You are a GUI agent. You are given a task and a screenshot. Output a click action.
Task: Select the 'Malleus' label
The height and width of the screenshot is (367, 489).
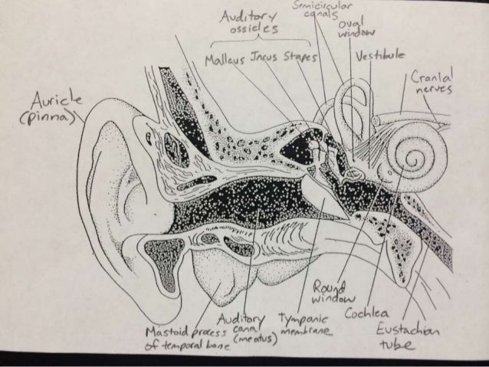click(225, 58)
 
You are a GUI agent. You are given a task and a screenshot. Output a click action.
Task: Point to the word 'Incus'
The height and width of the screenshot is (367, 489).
click(264, 57)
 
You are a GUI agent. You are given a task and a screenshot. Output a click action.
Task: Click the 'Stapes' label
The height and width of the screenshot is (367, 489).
click(302, 58)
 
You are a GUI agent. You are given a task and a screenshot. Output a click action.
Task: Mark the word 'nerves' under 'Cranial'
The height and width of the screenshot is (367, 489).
click(431, 92)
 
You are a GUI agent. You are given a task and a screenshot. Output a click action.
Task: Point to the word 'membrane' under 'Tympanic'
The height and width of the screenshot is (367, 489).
click(305, 330)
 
